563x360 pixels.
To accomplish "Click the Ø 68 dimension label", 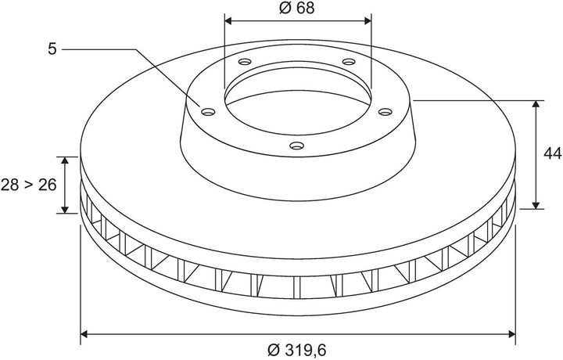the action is [296, 8].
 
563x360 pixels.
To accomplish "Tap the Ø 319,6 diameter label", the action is [297, 349].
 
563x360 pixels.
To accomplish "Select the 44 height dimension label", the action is [552, 153].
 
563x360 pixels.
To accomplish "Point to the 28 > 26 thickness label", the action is [28, 185].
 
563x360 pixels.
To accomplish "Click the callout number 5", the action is [52, 49].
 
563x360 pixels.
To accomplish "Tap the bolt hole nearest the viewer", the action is [297, 146].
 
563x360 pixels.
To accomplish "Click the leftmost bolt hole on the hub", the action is [208, 112].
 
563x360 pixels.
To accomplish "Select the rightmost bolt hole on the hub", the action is [385, 112].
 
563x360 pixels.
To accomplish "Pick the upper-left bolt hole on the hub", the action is [245, 62].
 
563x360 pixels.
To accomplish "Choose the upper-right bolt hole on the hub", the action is [348, 62].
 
